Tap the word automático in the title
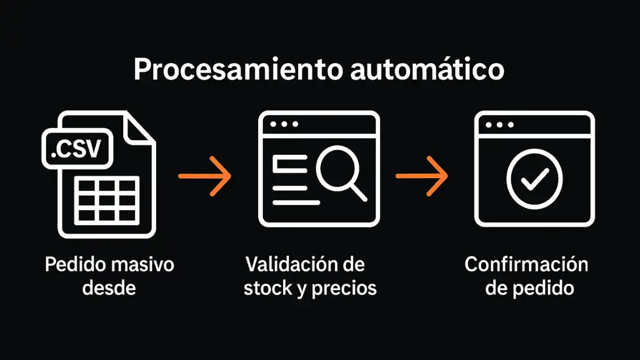427,70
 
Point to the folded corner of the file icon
140,126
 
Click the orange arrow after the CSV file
205,175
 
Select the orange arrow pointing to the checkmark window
421,175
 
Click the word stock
266,288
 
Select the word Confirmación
526,265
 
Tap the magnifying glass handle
358,192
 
